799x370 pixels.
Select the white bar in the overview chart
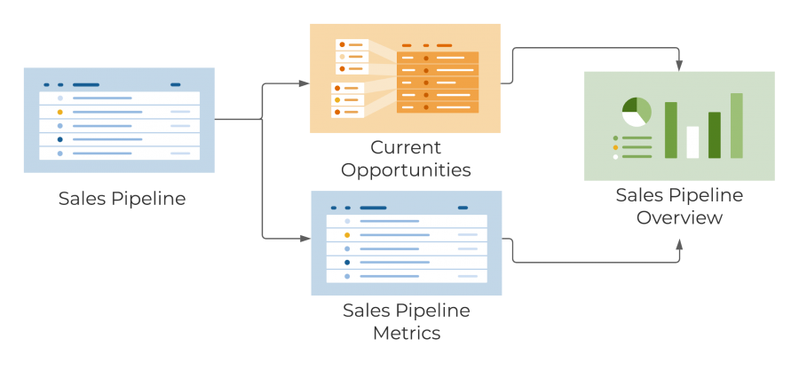(x=692, y=142)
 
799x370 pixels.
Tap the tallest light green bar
(x=736, y=125)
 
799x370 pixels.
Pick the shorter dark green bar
(x=714, y=135)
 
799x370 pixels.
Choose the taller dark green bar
(x=671, y=130)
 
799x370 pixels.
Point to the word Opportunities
(x=406, y=169)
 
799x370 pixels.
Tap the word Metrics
(x=406, y=334)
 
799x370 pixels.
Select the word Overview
(x=679, y=216)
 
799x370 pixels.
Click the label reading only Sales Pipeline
(x=122, y=198)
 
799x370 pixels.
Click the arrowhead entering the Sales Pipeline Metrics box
(x=305, y=239)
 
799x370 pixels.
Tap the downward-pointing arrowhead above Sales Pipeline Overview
(x=680, y=66)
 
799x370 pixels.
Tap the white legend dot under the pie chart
(x=616, y=156)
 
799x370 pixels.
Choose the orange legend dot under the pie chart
(x=616, y=147)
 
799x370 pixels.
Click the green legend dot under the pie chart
(x=616, y=138)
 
